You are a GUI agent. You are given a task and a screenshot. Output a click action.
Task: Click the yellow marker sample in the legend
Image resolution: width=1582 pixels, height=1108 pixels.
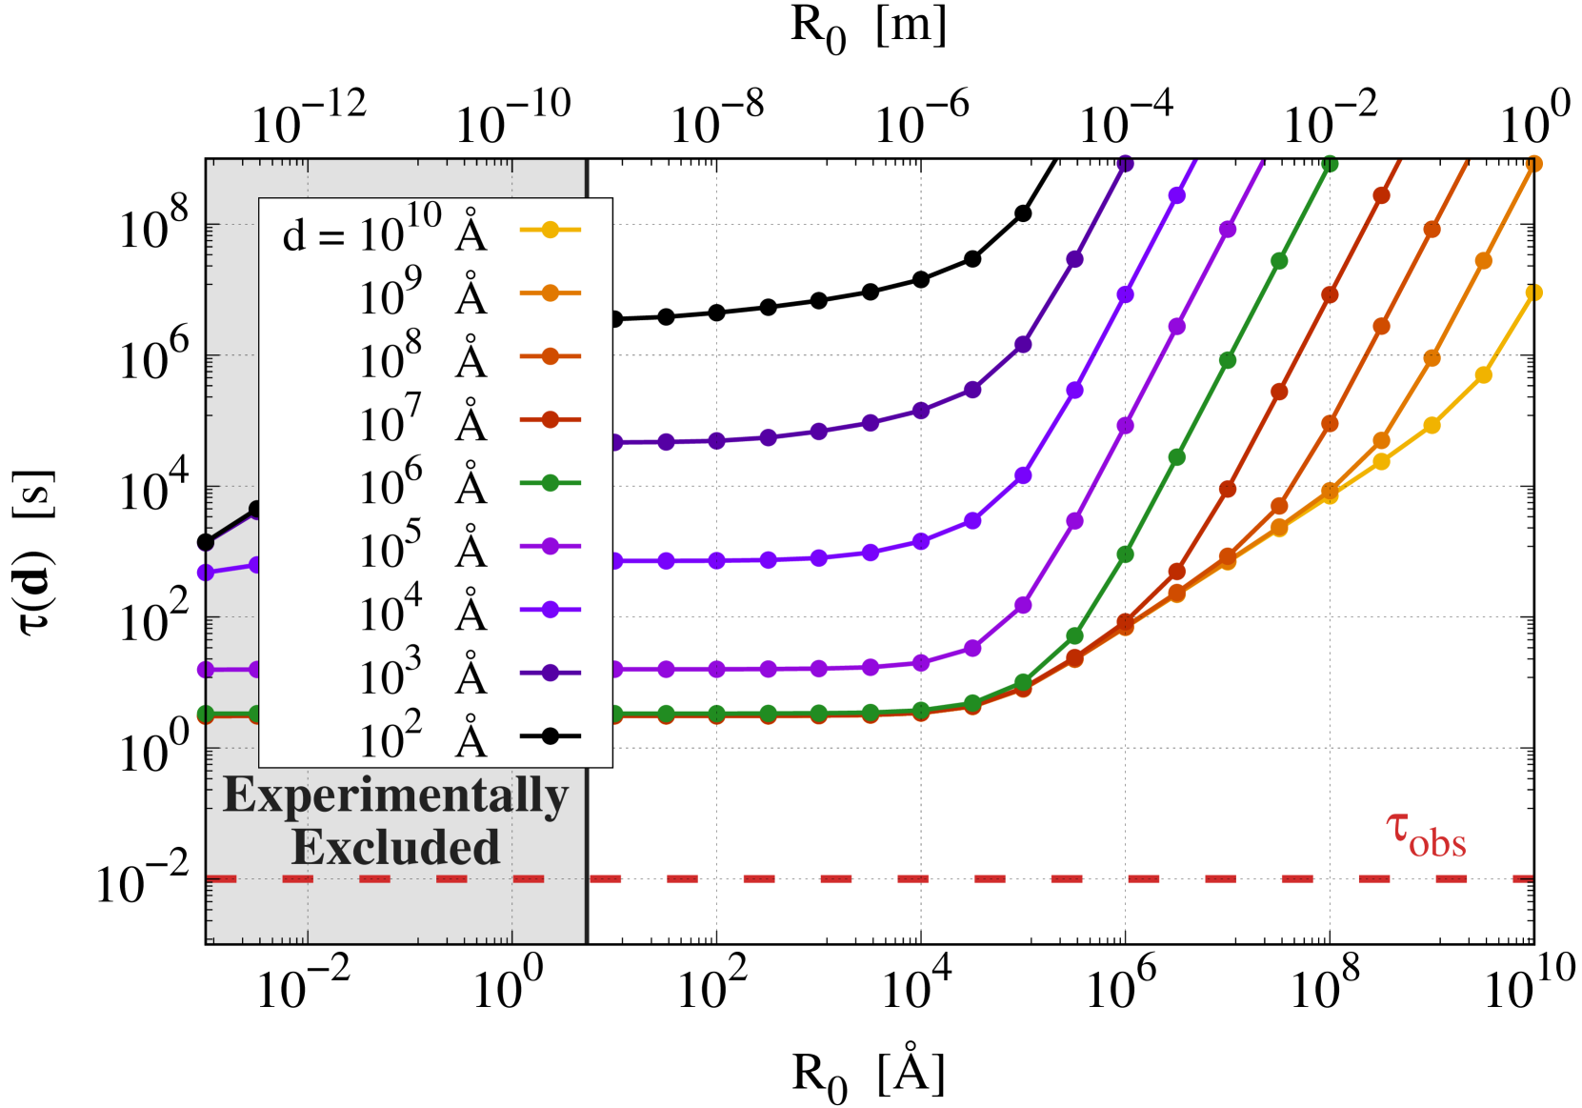[550, 230]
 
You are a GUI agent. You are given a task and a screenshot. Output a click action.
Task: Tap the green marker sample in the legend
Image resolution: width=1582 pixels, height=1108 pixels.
[550, 483]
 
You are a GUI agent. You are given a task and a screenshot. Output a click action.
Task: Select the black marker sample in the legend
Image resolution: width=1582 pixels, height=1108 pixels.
[550, 735]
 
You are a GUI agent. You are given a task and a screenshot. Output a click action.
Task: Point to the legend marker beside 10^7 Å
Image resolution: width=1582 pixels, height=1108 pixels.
[550, 419]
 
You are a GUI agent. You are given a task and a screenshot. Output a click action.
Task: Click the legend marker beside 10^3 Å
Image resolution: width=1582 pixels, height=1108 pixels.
[550, 673]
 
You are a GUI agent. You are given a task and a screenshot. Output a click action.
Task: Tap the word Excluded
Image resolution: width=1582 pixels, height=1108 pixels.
[395, 847]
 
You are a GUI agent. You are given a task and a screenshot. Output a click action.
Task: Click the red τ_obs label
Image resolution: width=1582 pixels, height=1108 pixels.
[1426, 835]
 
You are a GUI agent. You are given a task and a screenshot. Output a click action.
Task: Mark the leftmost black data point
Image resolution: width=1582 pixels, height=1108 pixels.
[205, 543]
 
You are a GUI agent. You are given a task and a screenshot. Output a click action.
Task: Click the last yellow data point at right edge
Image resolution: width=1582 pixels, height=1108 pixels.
[1533, 293]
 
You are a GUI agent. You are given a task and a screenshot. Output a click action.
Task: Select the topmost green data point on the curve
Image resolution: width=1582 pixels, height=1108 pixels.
[1330, 165]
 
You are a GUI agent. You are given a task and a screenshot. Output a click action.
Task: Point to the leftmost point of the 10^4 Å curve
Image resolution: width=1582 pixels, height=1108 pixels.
[205, 573]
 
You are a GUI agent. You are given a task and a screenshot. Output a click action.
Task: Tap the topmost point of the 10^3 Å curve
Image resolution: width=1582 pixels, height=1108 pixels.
[1125, 164]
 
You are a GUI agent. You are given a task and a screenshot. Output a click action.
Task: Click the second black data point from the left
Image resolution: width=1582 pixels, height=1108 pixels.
[255, 510]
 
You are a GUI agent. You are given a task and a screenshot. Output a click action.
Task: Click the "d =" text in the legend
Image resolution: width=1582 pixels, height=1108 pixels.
[313, 234]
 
